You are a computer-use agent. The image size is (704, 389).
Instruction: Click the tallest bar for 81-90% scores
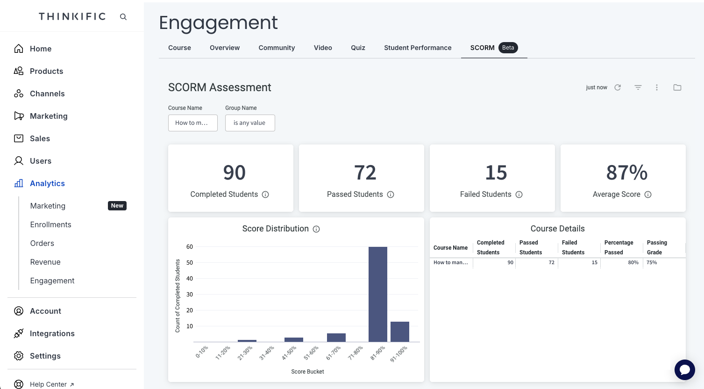click(x=377, y=294)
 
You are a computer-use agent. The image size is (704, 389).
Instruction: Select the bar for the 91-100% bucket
click(x=399, y=331)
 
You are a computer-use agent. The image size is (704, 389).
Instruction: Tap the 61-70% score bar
click(x=336, y=338)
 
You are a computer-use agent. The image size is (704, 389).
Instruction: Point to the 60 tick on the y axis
click(x=189, y=247)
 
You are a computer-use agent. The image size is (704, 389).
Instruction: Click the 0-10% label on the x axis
click(x=202, y=352)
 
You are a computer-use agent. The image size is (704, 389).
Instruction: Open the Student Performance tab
click(x=418, y=48)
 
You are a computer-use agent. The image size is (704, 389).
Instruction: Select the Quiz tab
click(x=358, y=48)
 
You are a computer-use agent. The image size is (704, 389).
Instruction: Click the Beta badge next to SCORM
click(x=508, y=48)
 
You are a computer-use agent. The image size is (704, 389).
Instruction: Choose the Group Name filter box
click(x=250, y=123)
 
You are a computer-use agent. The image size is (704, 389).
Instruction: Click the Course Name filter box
click(x=192, y=123)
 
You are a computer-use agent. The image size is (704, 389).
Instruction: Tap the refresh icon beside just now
click(x=618, y=87)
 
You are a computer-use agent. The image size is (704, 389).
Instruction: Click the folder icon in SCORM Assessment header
click(x=677, y=87)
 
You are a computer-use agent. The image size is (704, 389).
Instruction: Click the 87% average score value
click(x=626, y=173)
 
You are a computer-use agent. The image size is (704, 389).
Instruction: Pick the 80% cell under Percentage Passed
click(x=633, y=263)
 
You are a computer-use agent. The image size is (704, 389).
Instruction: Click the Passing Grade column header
click(x=656, y=247)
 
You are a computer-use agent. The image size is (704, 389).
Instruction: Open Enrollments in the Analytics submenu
click(x=50, y=224)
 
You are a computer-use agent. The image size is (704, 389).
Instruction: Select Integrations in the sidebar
click(x=52, y=333)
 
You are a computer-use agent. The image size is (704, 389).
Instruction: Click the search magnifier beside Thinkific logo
click(x=123, y=17)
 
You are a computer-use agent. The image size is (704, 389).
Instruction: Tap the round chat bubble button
click(x=684, y=369)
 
